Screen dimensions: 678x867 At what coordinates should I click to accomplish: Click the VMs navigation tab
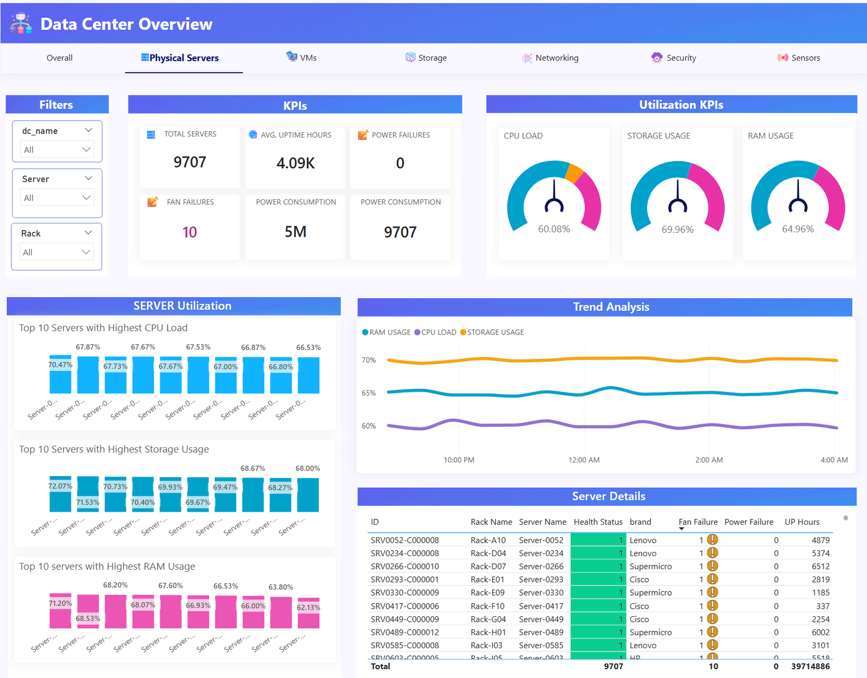tap(302, 57)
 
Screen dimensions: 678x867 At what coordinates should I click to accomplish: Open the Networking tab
tap(551, 57)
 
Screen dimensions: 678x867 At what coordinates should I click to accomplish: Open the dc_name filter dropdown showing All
tap(57, 149)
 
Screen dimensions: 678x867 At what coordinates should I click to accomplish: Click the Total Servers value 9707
tap(190, 162)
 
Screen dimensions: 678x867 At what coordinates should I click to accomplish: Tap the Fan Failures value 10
tap(190, 232)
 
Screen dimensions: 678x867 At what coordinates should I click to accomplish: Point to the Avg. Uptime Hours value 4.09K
tap(295, 163)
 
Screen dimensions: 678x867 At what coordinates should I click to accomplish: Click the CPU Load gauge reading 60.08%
tap(554, 229)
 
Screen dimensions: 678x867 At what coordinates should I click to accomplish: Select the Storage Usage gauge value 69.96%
tap(677, 230)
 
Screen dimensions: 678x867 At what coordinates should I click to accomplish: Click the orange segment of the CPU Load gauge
tap(574, 172)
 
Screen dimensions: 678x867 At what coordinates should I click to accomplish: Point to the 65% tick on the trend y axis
tap(368, 393)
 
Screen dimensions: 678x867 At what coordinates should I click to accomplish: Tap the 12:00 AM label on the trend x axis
tap(584, 460)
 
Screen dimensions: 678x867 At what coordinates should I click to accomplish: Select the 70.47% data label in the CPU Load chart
tap(60, 364)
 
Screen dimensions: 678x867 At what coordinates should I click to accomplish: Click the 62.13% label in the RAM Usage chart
tap(308, 607)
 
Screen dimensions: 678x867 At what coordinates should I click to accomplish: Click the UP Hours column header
tap(802, 521)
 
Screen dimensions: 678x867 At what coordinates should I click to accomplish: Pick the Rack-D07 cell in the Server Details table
tap(488, 566)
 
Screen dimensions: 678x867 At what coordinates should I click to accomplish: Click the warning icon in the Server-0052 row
tap(713, 539)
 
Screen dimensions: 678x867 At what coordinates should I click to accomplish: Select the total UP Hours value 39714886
tap(810, 666)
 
